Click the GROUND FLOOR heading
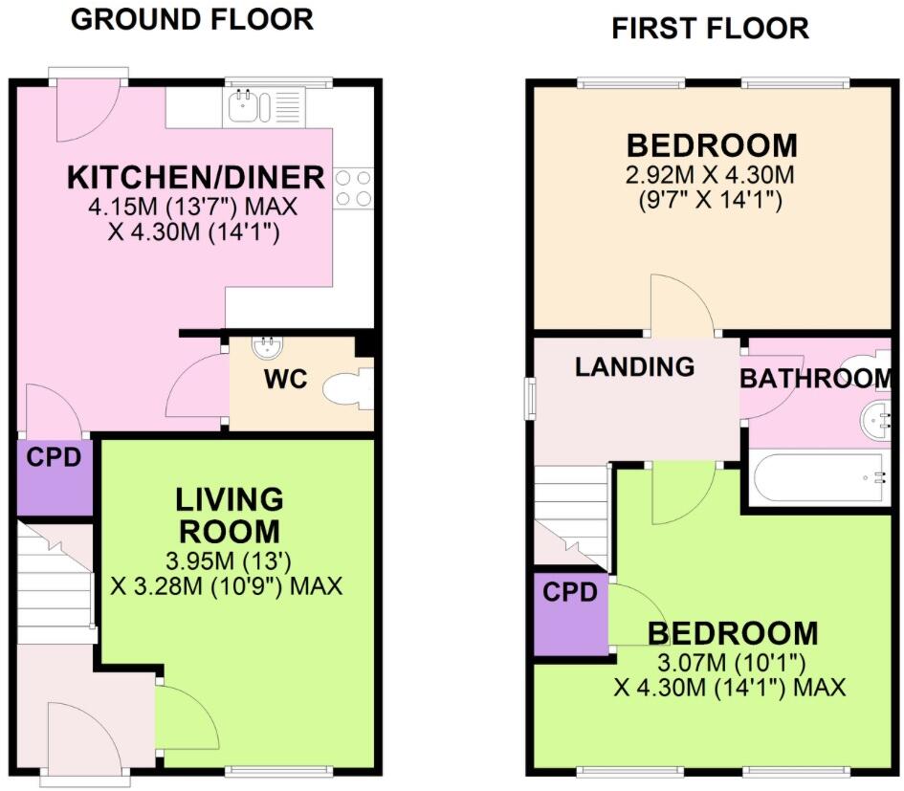coord(192,19)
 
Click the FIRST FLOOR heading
coord(710,29)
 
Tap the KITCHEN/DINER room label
coord(196,178)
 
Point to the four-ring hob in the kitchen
coord(352,188)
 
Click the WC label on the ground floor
coord(285,380)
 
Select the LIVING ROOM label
coord(229,515)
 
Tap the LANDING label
coord(634,366)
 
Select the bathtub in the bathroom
coord(821,478)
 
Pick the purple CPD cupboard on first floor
coord(570,613)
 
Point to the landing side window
coord(531,397)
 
